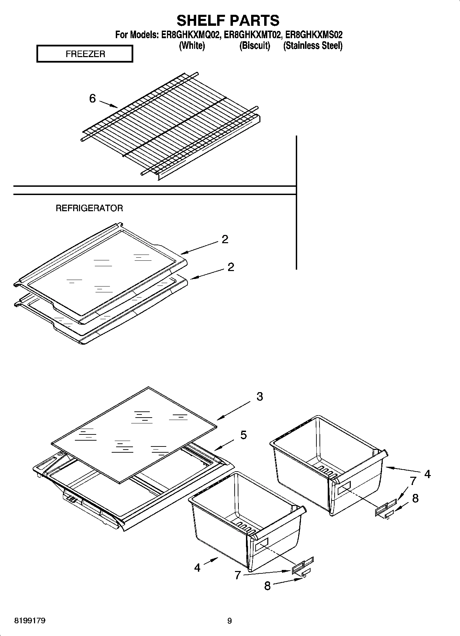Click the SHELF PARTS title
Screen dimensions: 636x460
click(x=228, y=21)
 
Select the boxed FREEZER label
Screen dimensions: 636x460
click(x=85, y=54)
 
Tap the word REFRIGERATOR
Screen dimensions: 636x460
click(x=89, y=208)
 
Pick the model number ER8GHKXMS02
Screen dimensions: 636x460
click(x=314, y=35)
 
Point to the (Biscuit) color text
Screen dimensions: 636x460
click(x=255, y=45)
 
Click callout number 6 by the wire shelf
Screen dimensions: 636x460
click(x=92, y=99)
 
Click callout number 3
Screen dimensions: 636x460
click(x=260, y=397)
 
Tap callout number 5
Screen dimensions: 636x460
click(x=243, y=435)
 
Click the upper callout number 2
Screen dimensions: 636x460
click(x=225, y=239)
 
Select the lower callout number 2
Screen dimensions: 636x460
click(x=231, y=267)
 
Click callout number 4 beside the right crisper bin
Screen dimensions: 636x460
click(x=427, y=474)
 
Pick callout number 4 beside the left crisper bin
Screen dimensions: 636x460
click(x=197, y=568)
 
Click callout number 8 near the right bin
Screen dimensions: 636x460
click(x=415, y=498)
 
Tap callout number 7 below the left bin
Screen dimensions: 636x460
click(x=237, y=575)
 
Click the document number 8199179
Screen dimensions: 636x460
click(x=30, y=621)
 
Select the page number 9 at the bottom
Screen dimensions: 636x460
click(x=229, y=621)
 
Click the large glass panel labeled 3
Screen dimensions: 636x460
click(x=134, y=433)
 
